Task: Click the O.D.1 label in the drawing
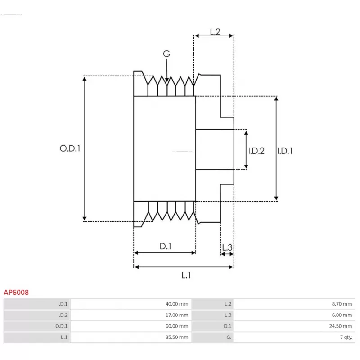tap(70, 148)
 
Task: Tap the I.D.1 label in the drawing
tap(284, 151)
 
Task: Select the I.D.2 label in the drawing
tap(256, 151)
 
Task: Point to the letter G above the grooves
tap(166, 54)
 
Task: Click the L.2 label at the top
tap(215, 32)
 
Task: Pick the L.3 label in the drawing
tap(227, 247)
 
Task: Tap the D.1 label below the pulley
tap(166, 246)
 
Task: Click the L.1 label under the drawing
tap(186, 275)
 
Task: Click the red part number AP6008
tap(16, 292)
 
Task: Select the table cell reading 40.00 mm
tap(177, 304)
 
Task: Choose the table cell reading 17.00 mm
tap(177, 315)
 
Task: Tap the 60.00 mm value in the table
tap(177, 326)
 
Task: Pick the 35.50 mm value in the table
tap(177, 337)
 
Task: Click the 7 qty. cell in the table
tap(345, 337)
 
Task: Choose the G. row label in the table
tap(229, 337)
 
